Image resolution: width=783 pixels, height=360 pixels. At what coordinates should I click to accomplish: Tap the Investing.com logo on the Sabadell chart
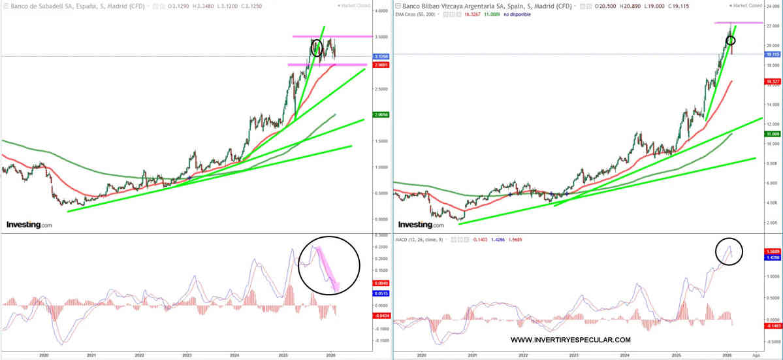click(x=29, y=225)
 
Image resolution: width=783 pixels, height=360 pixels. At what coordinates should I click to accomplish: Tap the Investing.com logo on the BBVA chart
click(x=420, y=225)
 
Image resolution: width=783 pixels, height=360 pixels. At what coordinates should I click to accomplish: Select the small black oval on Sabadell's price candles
click(x=317, y=48)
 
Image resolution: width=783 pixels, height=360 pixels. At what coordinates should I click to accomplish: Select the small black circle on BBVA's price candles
click(x=731, y=41)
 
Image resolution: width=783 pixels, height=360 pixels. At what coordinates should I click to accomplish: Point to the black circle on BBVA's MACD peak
click(x=729, y=252)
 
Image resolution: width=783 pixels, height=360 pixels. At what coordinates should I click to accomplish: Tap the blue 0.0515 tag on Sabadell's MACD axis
click(x=381, y=295)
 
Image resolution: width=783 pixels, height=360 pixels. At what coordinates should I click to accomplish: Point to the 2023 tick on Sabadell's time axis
click(x=187, y=355)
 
